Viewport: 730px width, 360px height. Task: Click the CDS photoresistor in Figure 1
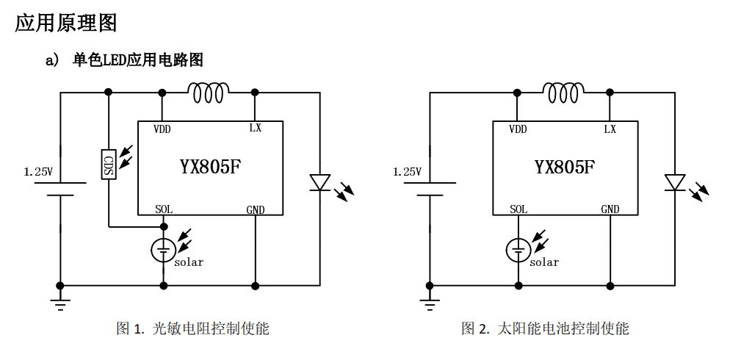click(108, 164)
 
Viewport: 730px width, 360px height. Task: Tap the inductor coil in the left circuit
click(209, 93)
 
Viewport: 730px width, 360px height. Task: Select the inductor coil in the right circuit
click(563, 93)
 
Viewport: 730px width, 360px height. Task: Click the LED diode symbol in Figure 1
click(319, 182)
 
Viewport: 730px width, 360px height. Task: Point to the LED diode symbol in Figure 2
click(674, 182)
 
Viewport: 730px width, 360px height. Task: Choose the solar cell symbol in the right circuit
click(518, 251)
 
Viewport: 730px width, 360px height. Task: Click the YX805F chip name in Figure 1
click(210, 167)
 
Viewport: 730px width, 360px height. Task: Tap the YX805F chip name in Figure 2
click(565, 167)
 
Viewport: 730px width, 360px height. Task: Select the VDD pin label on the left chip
click(162, 129)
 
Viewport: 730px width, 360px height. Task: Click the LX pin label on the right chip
click(610, 129)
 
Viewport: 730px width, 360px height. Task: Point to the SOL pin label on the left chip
click(164, 209)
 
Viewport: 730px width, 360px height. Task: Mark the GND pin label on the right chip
click(610, 209)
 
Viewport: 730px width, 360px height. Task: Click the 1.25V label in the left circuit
click(38, 172)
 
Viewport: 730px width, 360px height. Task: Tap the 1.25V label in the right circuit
click(407, 172)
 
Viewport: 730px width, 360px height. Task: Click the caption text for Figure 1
click(192, 328)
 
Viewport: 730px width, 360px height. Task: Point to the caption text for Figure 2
click(545, 328)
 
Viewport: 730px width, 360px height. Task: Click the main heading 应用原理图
click(66, 23)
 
